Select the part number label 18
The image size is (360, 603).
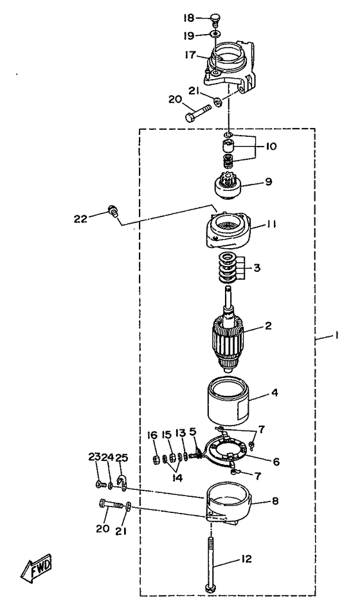(189, 18)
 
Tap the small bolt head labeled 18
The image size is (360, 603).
(215, 19)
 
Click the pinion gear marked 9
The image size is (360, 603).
(227, 185)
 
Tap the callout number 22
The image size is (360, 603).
(81, 219)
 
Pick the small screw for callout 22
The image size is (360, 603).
(113, 211)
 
